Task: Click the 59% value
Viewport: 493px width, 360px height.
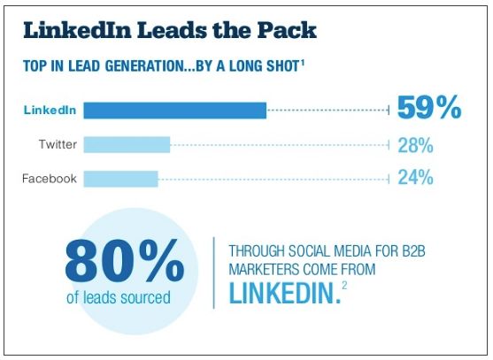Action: coord(429,109)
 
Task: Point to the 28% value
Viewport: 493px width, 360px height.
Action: coord(415,144)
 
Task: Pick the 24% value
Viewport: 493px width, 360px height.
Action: coord(415,178)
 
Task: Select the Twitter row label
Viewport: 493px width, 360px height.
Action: coord(58,144)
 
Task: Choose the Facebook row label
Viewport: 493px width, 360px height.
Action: coord(50,179)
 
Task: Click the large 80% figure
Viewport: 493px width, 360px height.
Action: coord(124,259)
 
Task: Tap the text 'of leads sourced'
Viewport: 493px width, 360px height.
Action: coord(119,298)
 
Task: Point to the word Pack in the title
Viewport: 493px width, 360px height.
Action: coord(283,30)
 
